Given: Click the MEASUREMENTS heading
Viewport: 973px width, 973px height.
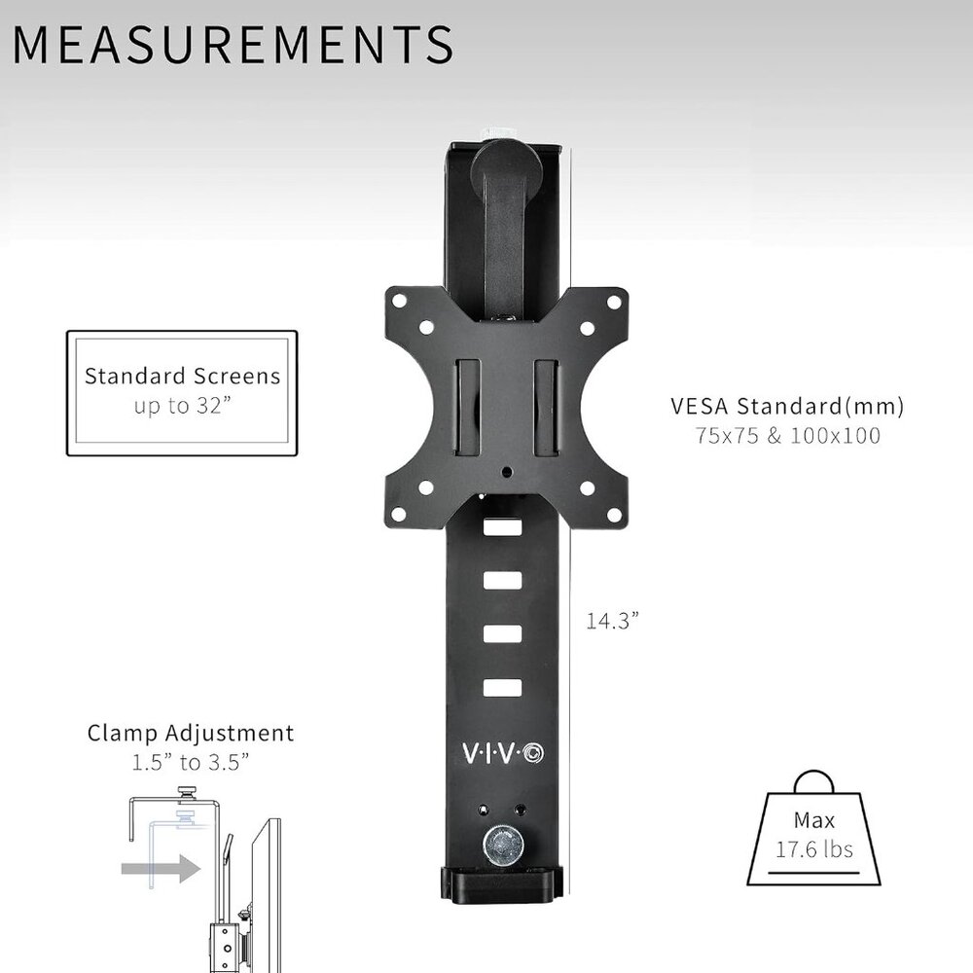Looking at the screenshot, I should [x=234, y=44].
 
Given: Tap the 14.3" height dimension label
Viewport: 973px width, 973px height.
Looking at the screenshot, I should [x=612, y=620].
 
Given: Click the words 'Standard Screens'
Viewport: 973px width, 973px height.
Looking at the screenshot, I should [x=182, y=376].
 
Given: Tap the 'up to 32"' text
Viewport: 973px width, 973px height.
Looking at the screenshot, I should [x=182, y=405].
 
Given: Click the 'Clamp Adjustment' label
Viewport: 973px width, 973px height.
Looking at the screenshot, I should [x=191, y=733].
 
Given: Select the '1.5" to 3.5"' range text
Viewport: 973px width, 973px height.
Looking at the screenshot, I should [x=191, y=761].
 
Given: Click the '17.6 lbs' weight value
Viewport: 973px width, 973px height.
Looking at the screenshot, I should [x=813, y=849].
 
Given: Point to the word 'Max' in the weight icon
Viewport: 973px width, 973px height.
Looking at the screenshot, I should [x=813, y=821].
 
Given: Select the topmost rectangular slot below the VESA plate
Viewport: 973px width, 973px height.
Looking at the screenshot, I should [x=501, y=528].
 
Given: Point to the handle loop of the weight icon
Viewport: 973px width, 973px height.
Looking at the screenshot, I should [x=813, y=780].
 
